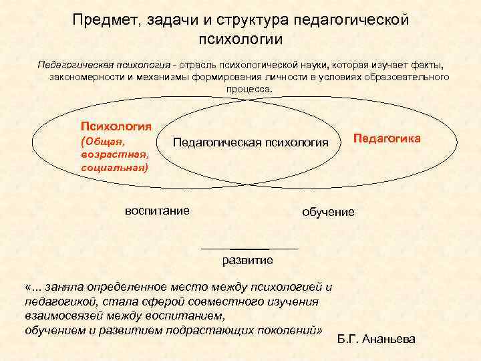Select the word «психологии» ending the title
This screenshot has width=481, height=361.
click(241, 39)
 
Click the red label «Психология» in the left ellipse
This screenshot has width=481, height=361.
click(116, 126)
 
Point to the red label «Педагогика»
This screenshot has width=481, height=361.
click(387, 138)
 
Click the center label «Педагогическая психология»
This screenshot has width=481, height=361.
click(251, 143)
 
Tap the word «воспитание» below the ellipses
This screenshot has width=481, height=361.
click(157, 211)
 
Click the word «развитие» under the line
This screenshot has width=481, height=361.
click(247, 259)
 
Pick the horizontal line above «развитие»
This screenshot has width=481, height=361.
click(249, 249)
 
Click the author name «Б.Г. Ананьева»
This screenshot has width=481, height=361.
click(377, 339)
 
